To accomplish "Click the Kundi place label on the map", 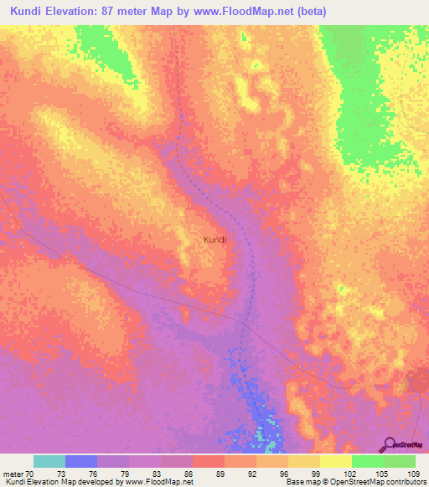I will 215,239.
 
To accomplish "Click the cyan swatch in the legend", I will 49,461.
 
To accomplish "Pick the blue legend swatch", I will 80,461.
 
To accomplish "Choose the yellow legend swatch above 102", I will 335,461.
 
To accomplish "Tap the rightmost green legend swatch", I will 400,461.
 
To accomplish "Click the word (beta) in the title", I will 308,12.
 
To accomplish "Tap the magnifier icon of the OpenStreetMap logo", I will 389,444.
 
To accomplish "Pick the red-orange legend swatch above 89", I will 208,461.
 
